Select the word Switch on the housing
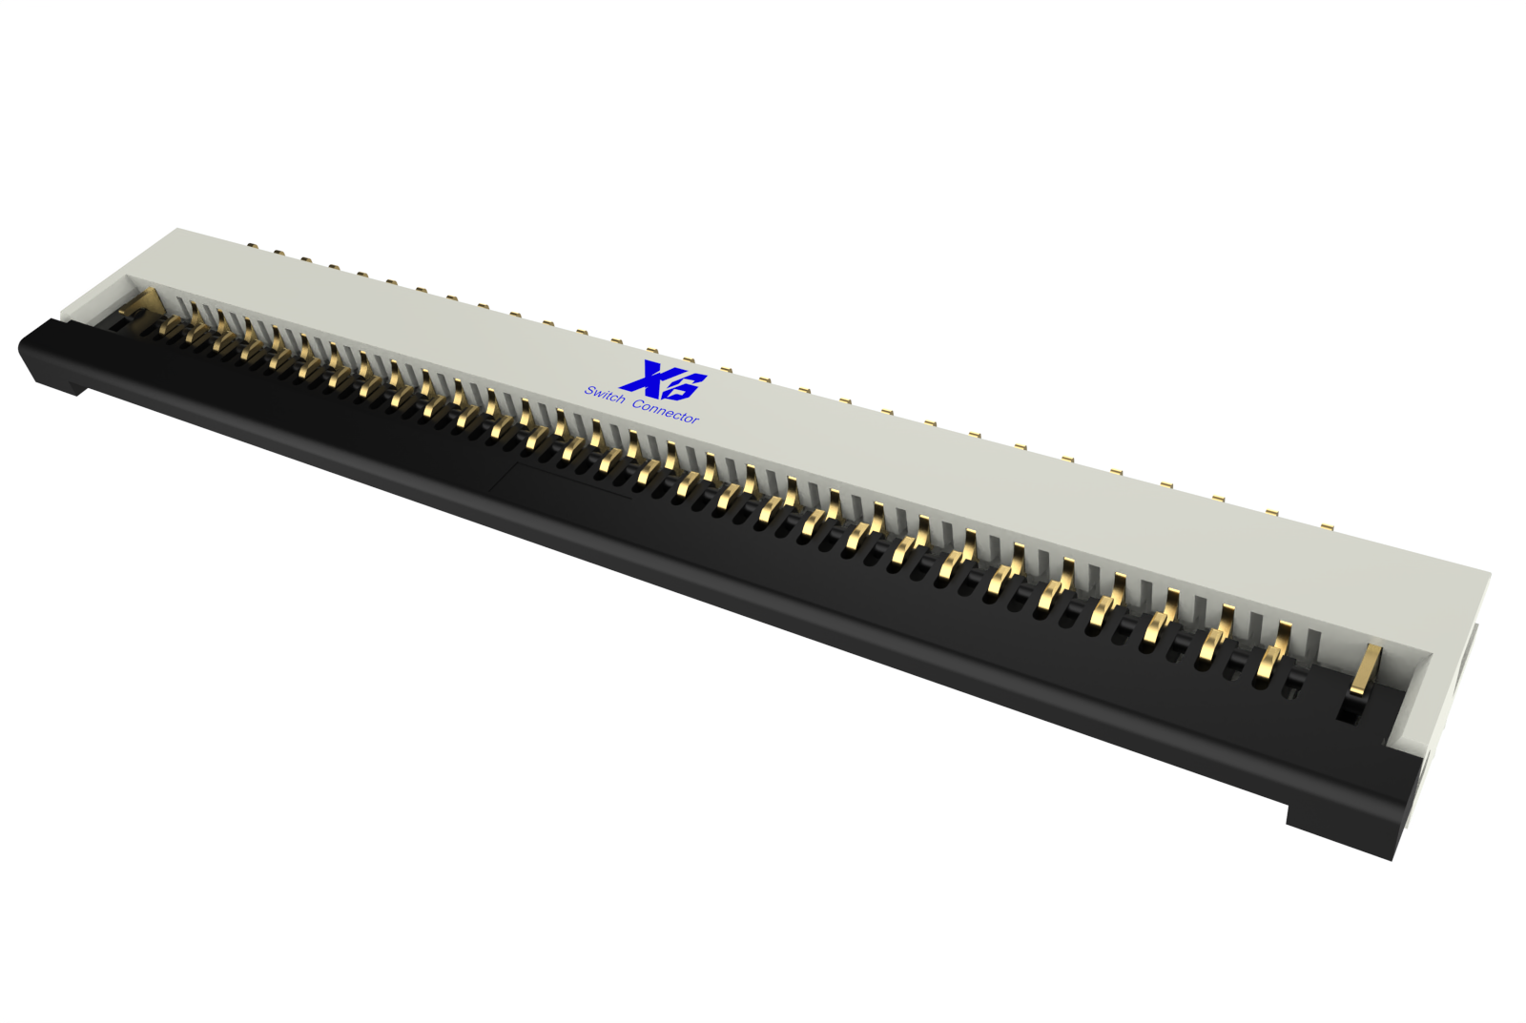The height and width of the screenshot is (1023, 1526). (605, 395)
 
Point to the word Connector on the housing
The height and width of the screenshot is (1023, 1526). (666, 411)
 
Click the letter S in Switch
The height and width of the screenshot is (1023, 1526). (589, 391)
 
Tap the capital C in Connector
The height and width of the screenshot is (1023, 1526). (638, 404)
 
